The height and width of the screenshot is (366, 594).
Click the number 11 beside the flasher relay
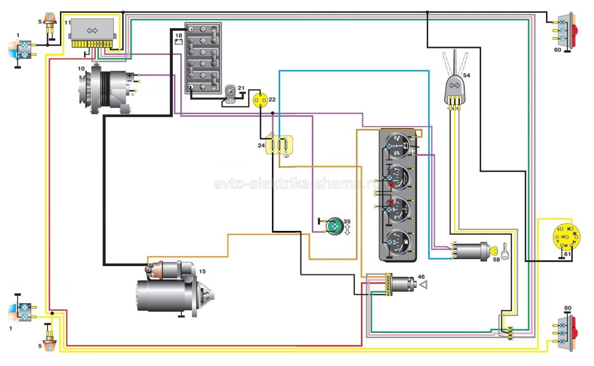point(68,23)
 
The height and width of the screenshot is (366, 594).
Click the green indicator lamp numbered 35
point(334,226)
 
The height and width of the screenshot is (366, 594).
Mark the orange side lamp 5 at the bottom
point(49,346)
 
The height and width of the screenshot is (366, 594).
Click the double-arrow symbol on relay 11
point(93,30)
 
